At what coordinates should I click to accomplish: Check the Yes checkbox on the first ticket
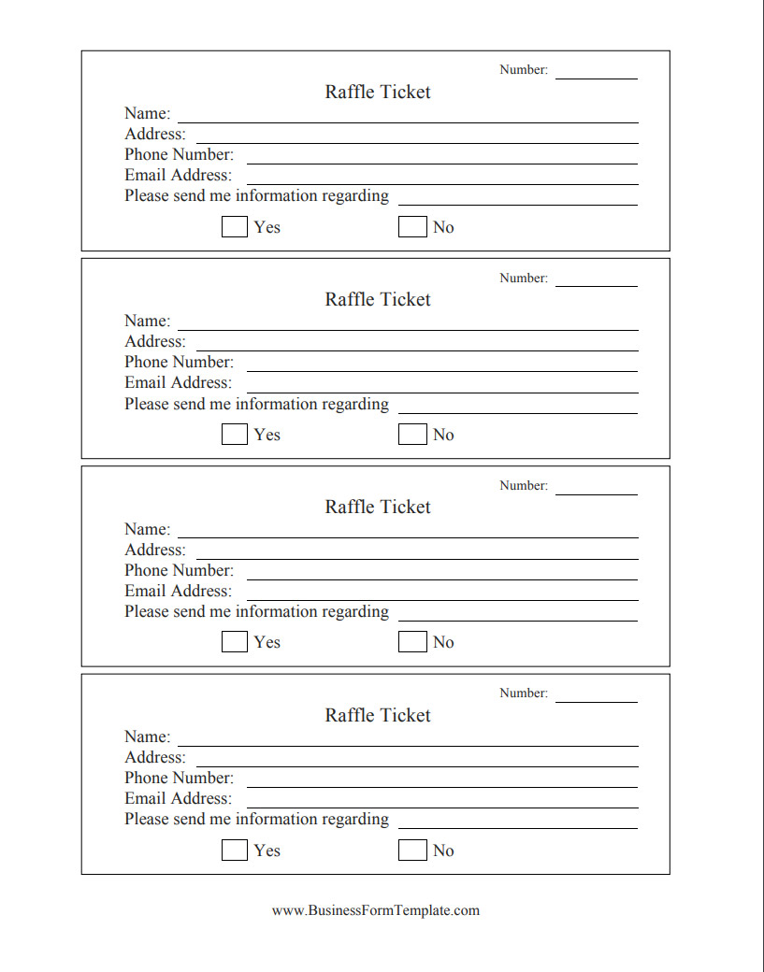pos(234,226)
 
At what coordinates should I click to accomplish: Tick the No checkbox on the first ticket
pos(411,226)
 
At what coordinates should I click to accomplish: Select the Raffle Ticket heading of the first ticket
pos(378,92)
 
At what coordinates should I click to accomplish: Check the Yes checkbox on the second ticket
pos(234,434)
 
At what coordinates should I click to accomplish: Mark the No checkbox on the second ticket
pos(411,434)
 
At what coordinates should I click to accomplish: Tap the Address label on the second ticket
pos(155,341)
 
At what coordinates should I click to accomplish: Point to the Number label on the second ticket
pos(523,278)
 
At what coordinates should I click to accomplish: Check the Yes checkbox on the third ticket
pos(234,641)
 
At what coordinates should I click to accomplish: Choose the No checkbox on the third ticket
pos(411,641)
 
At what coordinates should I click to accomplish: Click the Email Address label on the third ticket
pos(178,591)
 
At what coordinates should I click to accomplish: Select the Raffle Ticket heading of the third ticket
pos(378,507)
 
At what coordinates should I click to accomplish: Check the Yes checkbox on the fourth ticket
pos(234,850)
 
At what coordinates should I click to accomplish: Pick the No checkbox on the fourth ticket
pos(411,850)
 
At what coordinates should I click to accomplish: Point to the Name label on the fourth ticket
pos(147,736)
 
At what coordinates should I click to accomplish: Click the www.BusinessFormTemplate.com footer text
pos(376,910)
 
